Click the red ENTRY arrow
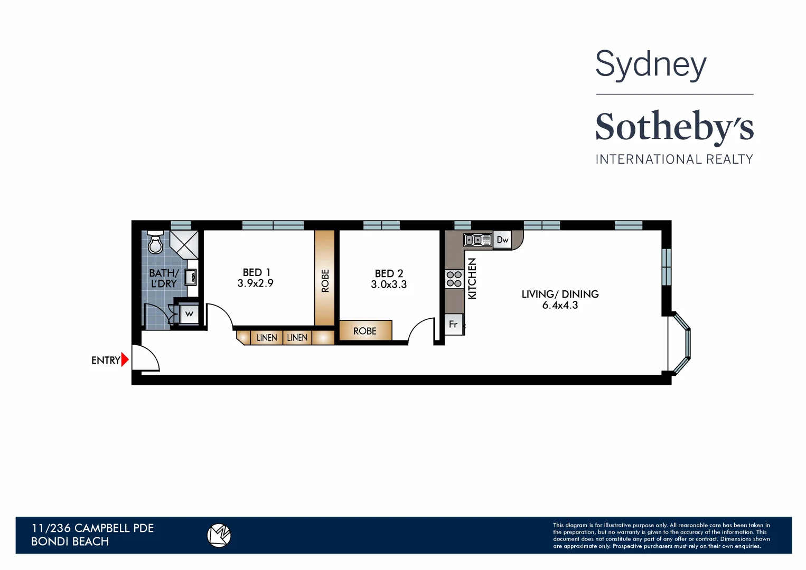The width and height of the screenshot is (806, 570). [125, 360]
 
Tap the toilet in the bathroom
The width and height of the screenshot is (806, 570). [155, 243]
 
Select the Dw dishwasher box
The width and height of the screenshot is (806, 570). [502, 240]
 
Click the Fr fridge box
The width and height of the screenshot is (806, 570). [453, 324]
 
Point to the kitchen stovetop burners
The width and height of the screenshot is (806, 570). [454, 279]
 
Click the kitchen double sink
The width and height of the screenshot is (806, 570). [477, 240]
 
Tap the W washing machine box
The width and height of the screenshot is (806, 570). [189, 315]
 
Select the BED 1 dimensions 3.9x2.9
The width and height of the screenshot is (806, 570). [256, 283]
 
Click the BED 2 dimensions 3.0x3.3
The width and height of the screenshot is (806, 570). [389, 284]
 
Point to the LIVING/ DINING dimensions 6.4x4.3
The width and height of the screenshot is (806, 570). [560, 305]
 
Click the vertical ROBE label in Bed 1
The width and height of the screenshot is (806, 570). [325, 281]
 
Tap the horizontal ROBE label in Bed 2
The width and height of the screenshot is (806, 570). [365, 331]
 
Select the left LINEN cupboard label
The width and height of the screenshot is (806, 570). [267, 338]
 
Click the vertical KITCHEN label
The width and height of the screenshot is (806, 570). [472, 279]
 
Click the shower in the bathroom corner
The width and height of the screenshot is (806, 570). [184, 243]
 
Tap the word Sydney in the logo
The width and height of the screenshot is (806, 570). [651, 65]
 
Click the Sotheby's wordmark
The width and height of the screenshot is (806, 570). [674, 127]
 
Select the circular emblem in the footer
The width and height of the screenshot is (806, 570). [219, 535]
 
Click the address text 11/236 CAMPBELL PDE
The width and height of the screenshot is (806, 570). [92, 528]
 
